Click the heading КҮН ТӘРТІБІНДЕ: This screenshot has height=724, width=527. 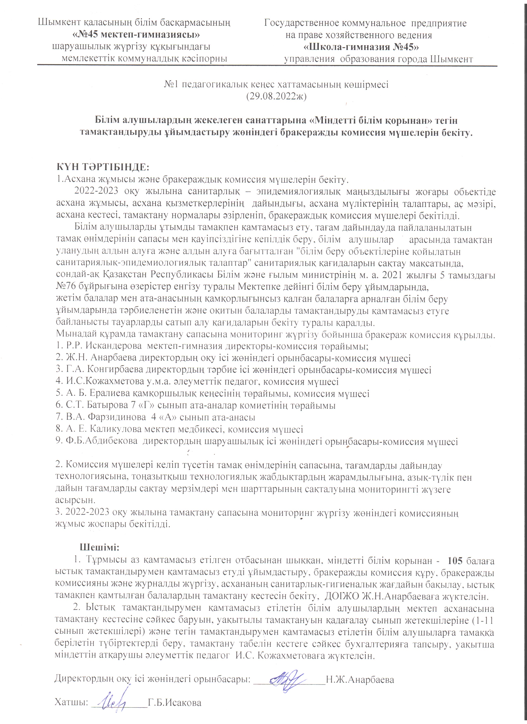coord(103,167)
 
